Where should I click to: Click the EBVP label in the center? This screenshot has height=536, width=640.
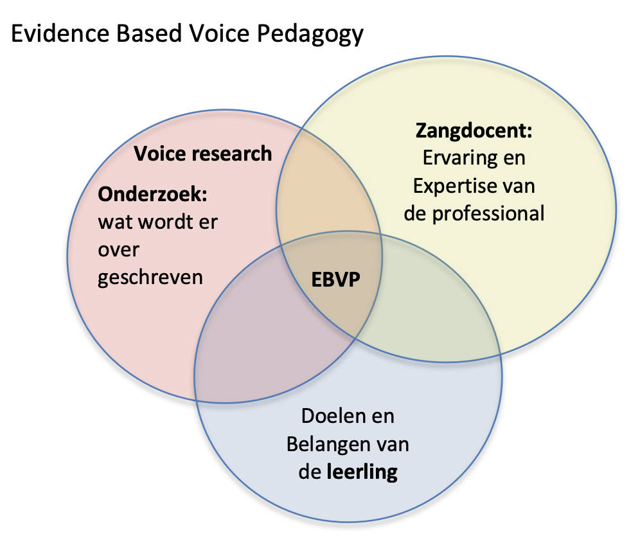click(335, 280)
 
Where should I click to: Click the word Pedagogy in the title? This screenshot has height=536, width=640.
click(310, 34)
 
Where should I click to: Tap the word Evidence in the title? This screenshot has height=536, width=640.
click(60, 33)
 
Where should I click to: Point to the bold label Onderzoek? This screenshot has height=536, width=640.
click(152, 194)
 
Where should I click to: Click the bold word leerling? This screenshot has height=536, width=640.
click(362, 472)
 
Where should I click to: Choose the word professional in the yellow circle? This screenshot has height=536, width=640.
click(488, 214)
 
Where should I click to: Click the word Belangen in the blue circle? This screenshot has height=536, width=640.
click(327, 445)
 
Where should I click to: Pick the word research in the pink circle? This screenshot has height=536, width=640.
click(231, 154)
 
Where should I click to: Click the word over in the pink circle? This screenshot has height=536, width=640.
click(118, 250)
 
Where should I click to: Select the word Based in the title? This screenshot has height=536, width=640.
click(149, 33)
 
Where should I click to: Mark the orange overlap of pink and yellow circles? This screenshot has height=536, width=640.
click(326, 192)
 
